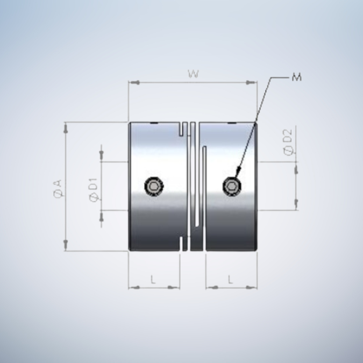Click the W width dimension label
click(193, 75)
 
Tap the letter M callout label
click(296, 77)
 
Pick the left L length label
click(153, 280)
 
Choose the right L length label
click(231, 280)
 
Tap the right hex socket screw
click(232, 187)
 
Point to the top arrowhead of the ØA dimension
click(66, 128)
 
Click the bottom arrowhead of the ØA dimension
click(66, 245)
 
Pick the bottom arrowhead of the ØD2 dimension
click(295, 204)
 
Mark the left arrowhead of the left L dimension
click(132, 287)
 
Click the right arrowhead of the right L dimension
click(253, 287)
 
